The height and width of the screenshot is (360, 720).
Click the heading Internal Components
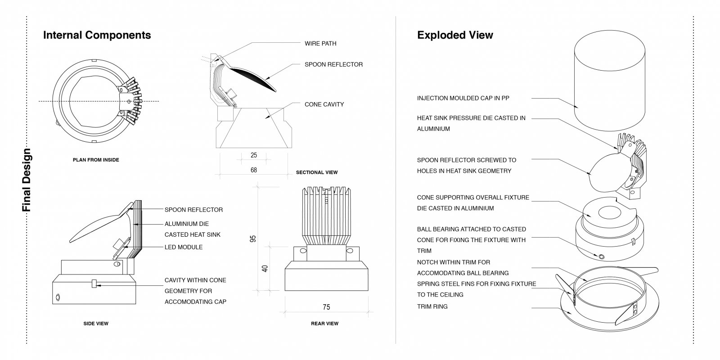[x=97, y=35]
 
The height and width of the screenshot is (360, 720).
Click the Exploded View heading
[x=455, y=35]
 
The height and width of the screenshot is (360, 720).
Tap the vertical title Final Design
[x=26, y=180]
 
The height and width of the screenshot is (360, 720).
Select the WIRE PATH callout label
[x=320, y=43]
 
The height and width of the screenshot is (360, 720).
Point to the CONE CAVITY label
[x=324, y=104]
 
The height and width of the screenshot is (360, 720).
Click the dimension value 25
[x=254, y=155]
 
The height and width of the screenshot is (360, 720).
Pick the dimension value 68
[x=254, y=170]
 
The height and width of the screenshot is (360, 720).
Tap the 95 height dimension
[x=253, y=239]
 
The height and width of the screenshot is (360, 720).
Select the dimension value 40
[x=265, y=268]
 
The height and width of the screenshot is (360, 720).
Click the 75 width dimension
[x=326, y=307]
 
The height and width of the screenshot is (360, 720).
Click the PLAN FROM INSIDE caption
[x=96, y=160]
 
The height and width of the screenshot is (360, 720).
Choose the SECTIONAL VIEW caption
[x=317, y=172]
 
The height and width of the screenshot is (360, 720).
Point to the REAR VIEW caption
[x=324, y=324]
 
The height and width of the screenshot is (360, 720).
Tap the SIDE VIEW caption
[x=96, y=324]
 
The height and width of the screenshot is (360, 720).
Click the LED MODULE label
[x=184, y=247]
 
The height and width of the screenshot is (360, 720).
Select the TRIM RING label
[x=432, y=306]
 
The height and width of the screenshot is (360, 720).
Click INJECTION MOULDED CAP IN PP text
[x=463, y=98]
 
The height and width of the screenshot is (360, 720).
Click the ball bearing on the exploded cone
[x=601, y=256]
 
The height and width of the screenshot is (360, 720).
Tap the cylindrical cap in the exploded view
[x=609, y=81]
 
